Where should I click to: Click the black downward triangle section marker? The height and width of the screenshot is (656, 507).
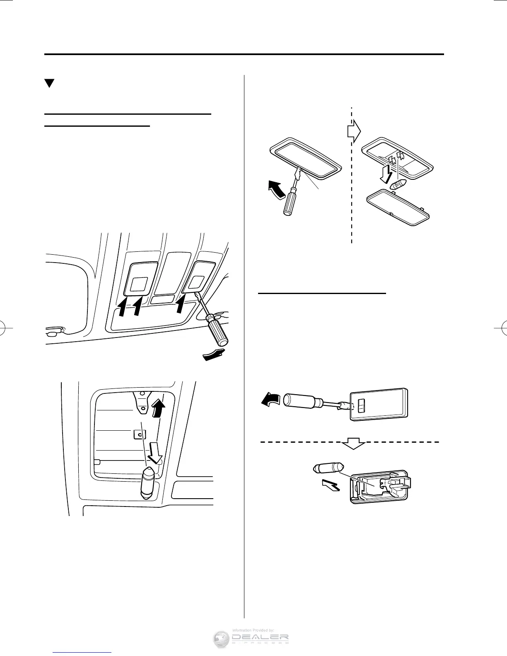[x=50, y=83]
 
